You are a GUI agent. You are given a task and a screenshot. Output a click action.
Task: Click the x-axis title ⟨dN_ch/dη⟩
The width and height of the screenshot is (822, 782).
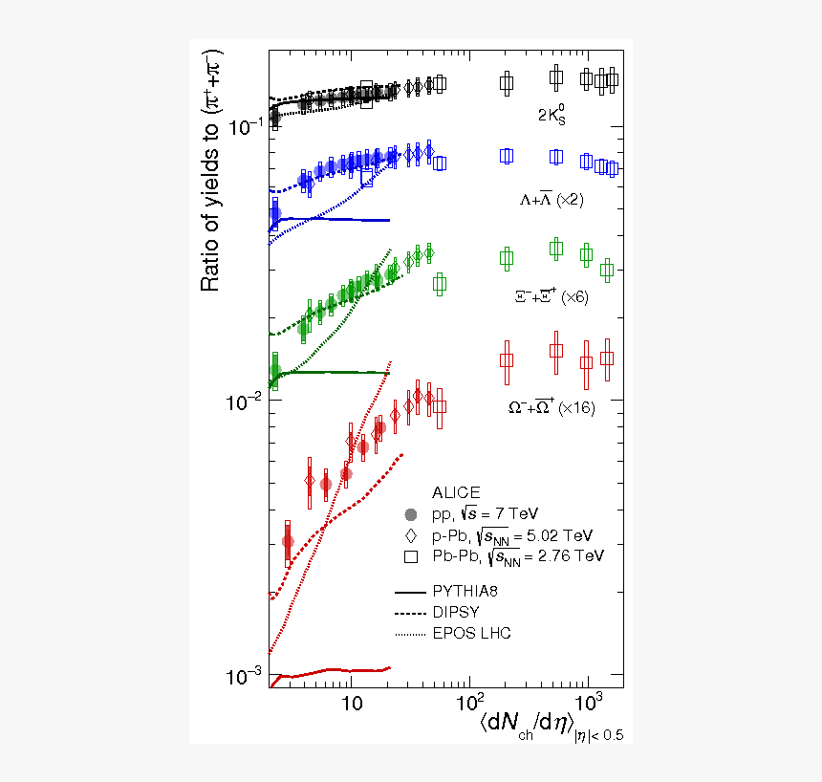coord(526,723)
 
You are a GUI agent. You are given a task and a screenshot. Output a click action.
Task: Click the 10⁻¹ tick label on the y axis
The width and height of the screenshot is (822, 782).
coord(245,125)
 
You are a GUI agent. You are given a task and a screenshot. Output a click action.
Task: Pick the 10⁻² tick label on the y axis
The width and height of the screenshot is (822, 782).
coord(245,401)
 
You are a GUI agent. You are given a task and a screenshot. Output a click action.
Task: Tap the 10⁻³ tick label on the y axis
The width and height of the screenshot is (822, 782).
coord(245,676)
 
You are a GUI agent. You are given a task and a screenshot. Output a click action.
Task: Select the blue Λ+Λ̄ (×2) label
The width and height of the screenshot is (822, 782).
coord(552,201)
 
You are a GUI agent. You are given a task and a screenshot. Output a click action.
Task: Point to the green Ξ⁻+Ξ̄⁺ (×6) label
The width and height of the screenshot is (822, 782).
coord(552,297)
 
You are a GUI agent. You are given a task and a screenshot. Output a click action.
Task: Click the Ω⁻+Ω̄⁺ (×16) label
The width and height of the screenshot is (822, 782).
coord(551,407)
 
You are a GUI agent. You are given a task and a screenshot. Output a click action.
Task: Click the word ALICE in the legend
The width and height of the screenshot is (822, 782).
coord(456,493)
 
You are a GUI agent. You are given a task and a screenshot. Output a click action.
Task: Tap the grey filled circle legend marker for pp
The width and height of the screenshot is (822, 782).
coord(411,514)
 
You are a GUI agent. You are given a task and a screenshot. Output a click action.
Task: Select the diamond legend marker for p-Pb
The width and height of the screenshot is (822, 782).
coord(411,534)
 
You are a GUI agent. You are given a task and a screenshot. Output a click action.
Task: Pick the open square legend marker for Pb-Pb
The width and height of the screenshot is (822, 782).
coord(411,555)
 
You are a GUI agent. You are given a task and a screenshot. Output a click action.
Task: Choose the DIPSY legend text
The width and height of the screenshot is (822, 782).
coord(455,611)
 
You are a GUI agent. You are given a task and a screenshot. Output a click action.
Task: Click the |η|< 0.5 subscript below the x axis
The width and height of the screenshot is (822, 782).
coord(597,734)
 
